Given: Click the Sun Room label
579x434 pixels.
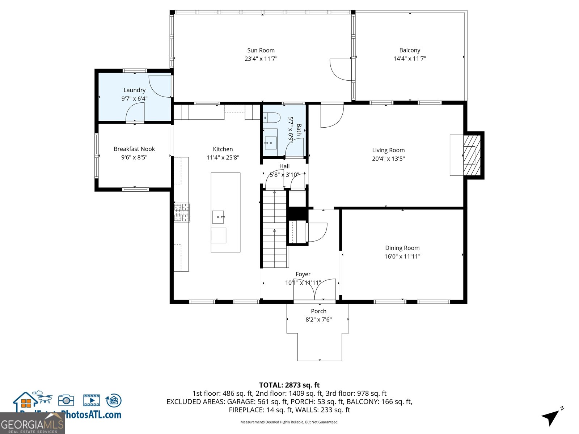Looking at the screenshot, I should (x=261, y=50).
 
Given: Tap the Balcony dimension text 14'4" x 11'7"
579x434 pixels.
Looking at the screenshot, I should (x=410, y=59).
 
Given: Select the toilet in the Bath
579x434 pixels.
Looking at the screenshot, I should (x=272, y=118).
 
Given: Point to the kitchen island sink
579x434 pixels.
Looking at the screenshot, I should (x=218, y=217).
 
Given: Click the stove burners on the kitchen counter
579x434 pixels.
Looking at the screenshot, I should (x=182, y=213).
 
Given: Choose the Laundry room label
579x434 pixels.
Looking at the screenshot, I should (x=134, y=90).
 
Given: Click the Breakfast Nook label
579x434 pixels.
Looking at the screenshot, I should (x=134, y=149).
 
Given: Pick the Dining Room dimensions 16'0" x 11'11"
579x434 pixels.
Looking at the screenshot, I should (x=402, y=256).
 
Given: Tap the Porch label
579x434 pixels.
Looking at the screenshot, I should (x=318, y=311).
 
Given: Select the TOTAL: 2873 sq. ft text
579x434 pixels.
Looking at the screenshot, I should (x=289, y=385).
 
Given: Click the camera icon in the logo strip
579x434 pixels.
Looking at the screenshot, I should (x=66, y=400).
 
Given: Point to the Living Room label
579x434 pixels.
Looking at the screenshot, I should (x=388, y=150).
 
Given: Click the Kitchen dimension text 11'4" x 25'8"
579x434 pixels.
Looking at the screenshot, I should (x=223, y=157).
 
